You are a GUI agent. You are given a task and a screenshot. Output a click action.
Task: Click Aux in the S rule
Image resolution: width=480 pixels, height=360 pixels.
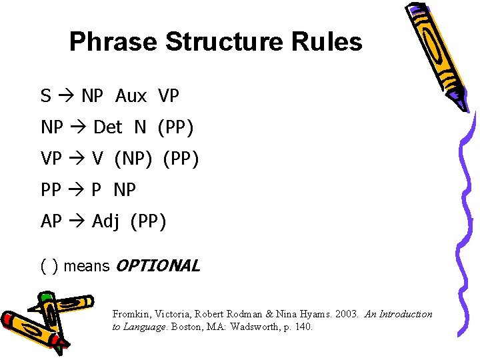coord(131,97)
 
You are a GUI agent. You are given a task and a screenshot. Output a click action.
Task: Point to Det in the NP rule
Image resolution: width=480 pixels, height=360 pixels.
coord(108,127)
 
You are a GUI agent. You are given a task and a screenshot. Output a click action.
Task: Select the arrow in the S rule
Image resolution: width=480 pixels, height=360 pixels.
coord(65,97)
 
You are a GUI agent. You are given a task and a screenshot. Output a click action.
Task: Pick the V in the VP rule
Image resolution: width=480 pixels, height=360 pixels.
coord(98,159)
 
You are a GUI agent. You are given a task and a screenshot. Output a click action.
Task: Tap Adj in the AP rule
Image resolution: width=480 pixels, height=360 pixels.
coord(105,221)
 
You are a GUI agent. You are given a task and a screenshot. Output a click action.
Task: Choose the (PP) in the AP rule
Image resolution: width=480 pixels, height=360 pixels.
coord(149,221)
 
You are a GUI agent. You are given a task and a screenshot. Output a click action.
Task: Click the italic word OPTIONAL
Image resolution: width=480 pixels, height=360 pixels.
coord(157,266)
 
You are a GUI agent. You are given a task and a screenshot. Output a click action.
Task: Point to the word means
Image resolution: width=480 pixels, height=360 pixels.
coord(87,267)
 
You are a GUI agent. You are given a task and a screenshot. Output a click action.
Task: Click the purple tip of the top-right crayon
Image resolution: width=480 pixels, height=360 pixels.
coord(458,102)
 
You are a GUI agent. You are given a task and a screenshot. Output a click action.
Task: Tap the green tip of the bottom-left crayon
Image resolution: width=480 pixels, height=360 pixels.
coord(45,297)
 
